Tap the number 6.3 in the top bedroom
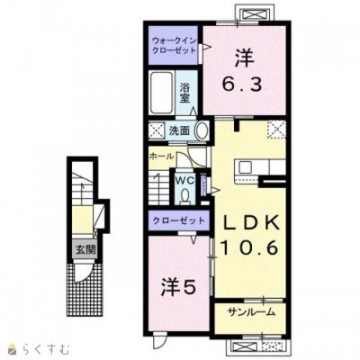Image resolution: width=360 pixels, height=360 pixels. click(240, 85)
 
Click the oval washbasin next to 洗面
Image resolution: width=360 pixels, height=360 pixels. click(202, 130)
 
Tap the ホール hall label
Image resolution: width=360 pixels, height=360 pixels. click(163, 155)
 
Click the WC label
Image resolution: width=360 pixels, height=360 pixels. click(184, 180)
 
